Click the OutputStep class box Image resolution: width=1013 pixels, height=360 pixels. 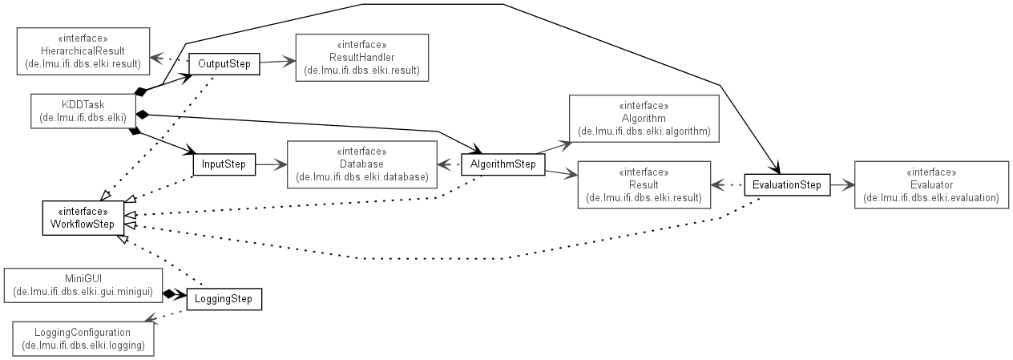click(x=224, y=64)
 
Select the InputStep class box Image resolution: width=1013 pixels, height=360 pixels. click(x=224, y=164)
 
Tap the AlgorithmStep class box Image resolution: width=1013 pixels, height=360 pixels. click(x=502, y=164)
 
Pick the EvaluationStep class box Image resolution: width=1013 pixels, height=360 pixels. click(x=787, y=185)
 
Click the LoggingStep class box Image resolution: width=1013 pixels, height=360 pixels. click(x=224, y=299)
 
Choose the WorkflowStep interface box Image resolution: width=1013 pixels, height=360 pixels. click(x=83, y=218)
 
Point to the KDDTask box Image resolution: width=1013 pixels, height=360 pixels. click(x=83, y=111)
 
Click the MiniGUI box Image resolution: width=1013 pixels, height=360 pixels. click(x=83, y=285)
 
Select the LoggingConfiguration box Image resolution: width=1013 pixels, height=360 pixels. click(x=83, y=338)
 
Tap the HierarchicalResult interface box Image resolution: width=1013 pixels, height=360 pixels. click(x=83, y=51)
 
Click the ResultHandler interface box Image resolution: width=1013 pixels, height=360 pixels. click(x=361, y=58)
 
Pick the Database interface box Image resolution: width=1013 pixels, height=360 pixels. click(x=361, y=164)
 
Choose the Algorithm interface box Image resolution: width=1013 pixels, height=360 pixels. click(x=644, y=119)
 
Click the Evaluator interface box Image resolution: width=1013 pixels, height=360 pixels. click(x=931, y=185)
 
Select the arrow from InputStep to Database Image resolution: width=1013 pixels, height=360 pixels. click(x=272, y=164)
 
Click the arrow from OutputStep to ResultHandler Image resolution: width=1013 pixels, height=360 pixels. click(x=277, y=62)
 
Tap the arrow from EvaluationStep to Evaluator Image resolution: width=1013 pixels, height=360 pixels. click(x=842, y=185)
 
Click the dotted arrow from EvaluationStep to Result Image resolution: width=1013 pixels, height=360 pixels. click(x=728, y=185)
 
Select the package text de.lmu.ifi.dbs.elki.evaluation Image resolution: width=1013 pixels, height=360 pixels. click(x=931, y=198)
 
